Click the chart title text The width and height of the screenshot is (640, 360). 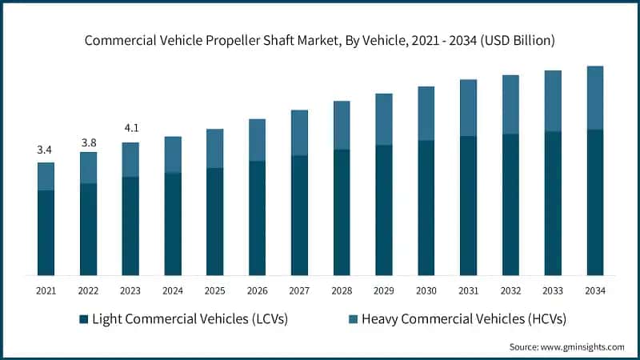click(x=320, y=38)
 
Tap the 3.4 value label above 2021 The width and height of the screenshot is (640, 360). click(x=46, y=150)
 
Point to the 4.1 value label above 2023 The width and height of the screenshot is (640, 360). click(x=130, y=128)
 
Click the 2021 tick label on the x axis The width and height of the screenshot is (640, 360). click(x=46, y=290)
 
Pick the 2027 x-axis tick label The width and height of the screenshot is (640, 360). click(x=299, y=290)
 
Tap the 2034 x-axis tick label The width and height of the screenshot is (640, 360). click(x=594, y=290)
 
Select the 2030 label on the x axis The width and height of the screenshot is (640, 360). click(x=426, y=290)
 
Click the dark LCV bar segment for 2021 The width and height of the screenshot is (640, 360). click(x=46, y=233)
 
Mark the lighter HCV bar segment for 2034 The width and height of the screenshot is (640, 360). click(x=594, y=98)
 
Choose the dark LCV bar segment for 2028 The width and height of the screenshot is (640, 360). click(x=342, y=212)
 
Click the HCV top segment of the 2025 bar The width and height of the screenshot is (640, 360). click(x=214, y=148)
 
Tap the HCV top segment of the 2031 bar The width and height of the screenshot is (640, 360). click(x=468, y=108)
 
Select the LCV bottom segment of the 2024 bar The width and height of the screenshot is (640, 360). click(x=172, y=224)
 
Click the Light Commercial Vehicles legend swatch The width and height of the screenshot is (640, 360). click(x=83, y=319)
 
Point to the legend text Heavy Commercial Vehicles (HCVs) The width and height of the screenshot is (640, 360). click(x=463, y=319)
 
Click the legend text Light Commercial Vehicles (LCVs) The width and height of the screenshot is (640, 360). click(x=190, y=319)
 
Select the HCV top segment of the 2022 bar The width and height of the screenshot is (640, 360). click(x=88, y=167)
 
